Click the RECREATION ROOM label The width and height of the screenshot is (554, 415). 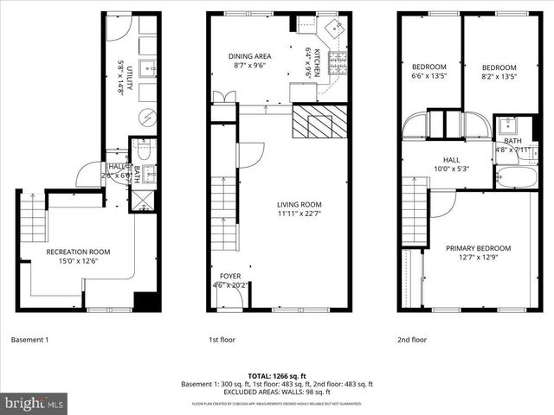tap(78, 252)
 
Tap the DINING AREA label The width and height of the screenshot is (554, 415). tap(250, 56)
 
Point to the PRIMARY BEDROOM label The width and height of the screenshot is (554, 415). tap(478, 248)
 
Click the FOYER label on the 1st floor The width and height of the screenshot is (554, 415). tap(229, 276)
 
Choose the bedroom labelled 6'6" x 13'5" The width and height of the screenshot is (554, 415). tap(428, 67)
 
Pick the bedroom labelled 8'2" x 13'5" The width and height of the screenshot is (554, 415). tap(499, 67)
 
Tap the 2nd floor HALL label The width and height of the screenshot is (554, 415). tap(451, 160)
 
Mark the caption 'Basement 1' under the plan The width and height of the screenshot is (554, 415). tap(29, 340)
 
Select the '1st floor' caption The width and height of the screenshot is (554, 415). tap(222, 340)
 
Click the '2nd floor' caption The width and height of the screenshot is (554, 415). tap(412, 340)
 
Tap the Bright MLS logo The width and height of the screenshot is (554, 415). tap(35, 403)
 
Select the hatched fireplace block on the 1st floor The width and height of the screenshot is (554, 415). tap(313, 122)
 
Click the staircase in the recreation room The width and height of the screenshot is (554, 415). tap(33, 220)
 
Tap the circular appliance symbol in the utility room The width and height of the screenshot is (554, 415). tap(147, 116)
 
